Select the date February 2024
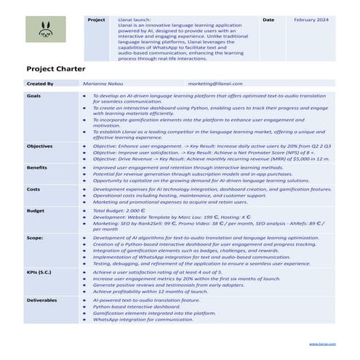pos(311,20)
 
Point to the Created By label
pos(40,84)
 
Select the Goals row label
pos(33,96)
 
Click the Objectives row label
pos(39,146)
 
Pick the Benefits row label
pos(36,167)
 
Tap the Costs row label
pos(33,189)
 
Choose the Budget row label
pos(35,210)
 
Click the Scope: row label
pos(35,237)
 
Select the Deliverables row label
pos(41,299)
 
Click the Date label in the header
pos(268,20)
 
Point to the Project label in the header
pos(97,20)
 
